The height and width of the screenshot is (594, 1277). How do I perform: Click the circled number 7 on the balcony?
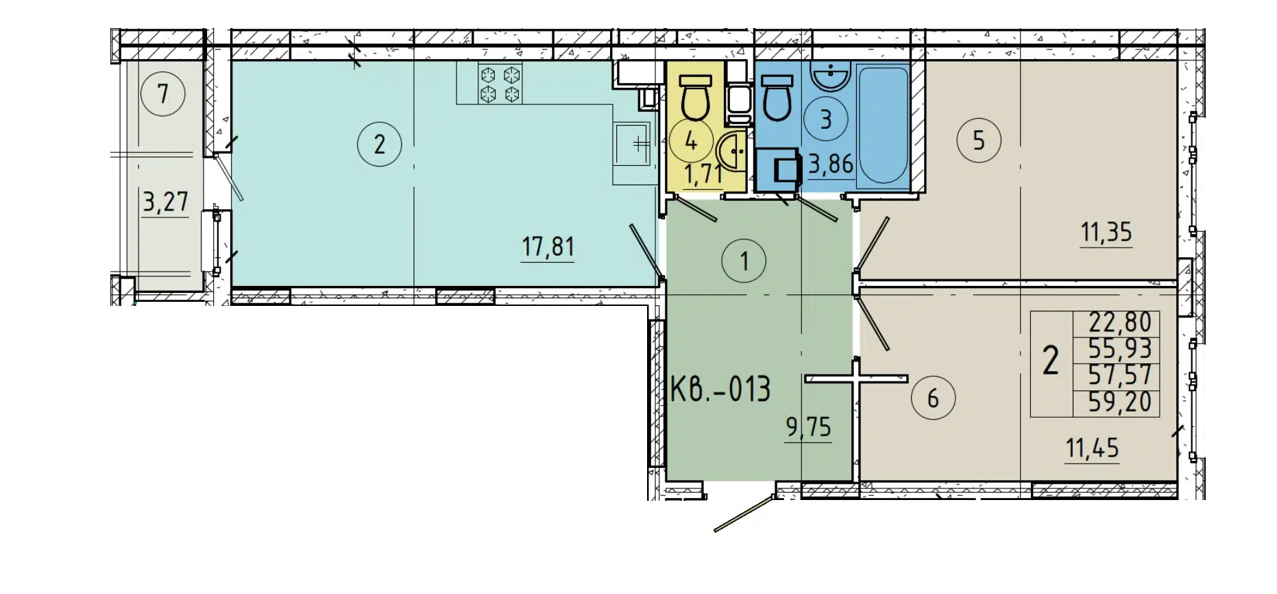pyautogui.click(x=163, y=93)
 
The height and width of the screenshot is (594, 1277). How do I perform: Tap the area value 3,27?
pyautogui.click(x=165, y=202)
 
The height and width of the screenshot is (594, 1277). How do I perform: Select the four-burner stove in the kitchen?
pyautogui.click(x=500, y=84)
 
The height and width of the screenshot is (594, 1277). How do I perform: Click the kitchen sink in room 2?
pyautogui.click(x=632, y=144)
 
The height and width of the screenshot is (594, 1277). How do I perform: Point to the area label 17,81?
pyautogui.click(x=548, y=246)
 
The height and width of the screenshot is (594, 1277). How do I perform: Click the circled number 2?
pyautogui.click(x=379, y=144)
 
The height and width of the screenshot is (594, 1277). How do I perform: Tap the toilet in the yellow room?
pyautogui.click(x=695, y=99)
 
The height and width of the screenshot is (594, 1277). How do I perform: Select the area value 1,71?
pyautogui.click(x=703, y=174)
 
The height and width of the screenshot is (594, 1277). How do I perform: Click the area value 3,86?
pyautogui.click(x=831, y=164)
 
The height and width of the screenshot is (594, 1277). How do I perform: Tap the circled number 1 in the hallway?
pyautogui.click(x=744, y=261)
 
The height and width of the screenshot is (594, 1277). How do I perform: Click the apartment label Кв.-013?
pyautogui.click(x=720, y=389)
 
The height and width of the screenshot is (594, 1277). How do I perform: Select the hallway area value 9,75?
pyautogui.click(x=808, y=427)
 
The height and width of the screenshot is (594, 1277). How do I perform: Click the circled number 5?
pyautogui.click(x=978, y=141)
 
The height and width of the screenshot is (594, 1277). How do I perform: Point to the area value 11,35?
pyautogui.click(x=1106, y=233)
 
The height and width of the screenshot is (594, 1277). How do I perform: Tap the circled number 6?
pyautogui.click(x=933, y=398)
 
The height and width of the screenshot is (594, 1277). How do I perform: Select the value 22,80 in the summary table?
pyautogui.click(x=1119, y=322)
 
